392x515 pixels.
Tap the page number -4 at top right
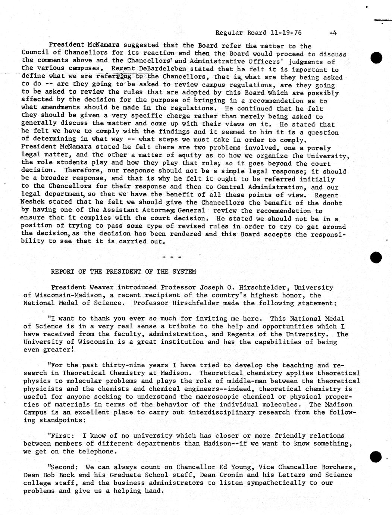pyautogui.click(x=333, y=32)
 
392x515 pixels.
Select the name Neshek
pyautogui.click(x=33, y=203)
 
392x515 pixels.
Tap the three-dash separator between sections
pyautogui.click(x=172, y=257)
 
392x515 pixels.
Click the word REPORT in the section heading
pyautogui.click(x=63, y=272)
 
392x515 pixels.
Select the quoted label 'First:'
pyautogui.click(x=62, y=436)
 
